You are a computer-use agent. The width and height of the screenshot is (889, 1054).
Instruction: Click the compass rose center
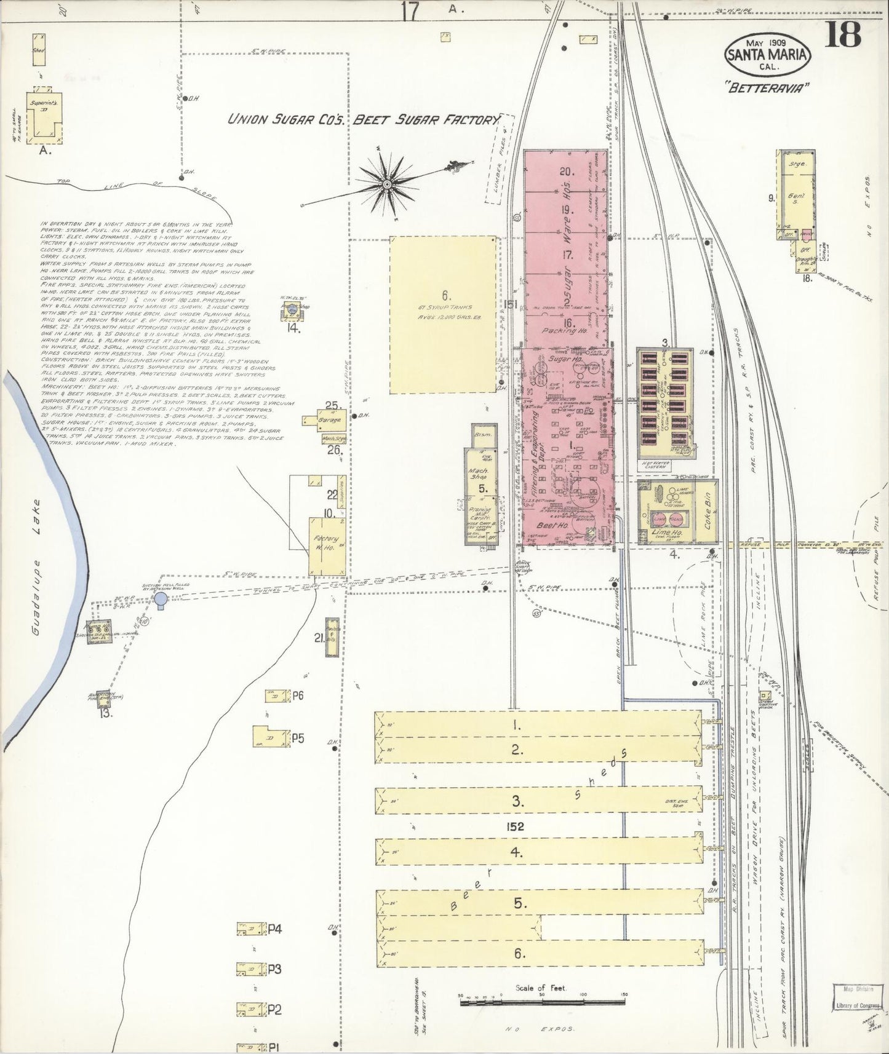coord(387,184)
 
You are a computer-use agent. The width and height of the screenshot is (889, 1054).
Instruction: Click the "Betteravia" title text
coord(768,88)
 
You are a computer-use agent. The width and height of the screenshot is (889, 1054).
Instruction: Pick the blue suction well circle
coord(161,598)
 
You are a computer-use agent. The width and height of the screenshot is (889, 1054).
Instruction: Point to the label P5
coord(298,738)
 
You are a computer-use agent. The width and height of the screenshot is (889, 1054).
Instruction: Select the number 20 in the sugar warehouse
coord(565,172)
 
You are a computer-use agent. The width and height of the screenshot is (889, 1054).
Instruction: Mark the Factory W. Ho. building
coord(326,546)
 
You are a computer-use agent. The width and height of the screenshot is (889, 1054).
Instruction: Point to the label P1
coord(274,1047)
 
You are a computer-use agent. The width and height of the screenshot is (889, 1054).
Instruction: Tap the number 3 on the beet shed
coord(517,801)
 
